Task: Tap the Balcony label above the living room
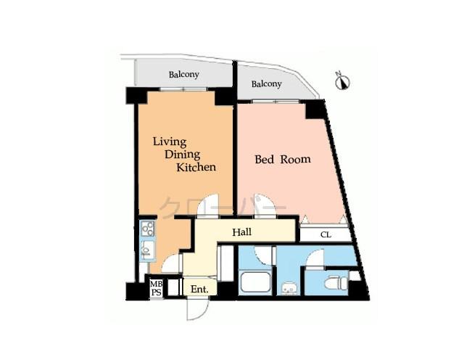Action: click(x=184, y=74)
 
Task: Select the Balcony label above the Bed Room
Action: click(x=266, y=84)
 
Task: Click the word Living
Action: click(x=169, y=141)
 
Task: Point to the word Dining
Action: click(x=181, y=154)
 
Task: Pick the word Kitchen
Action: click(x=196, y=167)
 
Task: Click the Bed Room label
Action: click(x=283, y=159)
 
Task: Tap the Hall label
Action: click(x=242, y=232)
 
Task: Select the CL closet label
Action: click(x=326, y=234)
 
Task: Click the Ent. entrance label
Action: click(x=199, y=289)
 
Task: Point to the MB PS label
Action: click(x=156, y=289)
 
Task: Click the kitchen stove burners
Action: click(x=148, y=229)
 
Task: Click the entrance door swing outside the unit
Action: click(x=196, y=308)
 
